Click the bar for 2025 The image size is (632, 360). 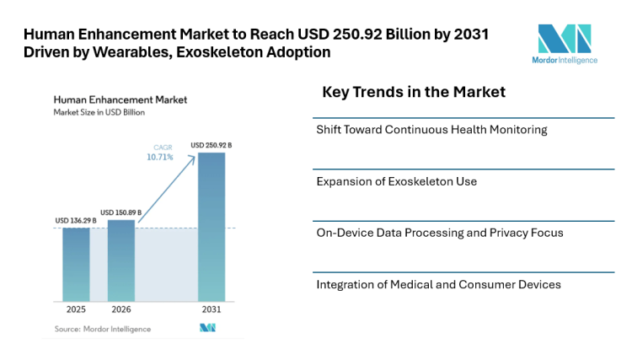click(76, 264)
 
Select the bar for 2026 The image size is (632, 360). click(121, 260)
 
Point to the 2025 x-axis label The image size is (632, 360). click(76, 309)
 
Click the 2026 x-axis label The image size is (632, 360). click(121, 309)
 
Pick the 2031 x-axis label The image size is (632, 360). click(212, 309)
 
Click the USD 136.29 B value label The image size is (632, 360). click(76, 221)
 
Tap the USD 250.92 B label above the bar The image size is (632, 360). click(212, 145)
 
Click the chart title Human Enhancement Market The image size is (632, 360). click(120, 99)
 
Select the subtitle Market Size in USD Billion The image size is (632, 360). click(100, 111)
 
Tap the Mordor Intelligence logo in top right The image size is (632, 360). click(566, 44)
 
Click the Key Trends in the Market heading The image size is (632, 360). click(414, 92)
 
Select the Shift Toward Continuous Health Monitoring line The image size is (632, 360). click(431, 130)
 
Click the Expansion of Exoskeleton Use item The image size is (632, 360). click(396, 181)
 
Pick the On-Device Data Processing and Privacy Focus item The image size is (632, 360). click(439, 233)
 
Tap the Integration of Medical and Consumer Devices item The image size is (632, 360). click(438, 284)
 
